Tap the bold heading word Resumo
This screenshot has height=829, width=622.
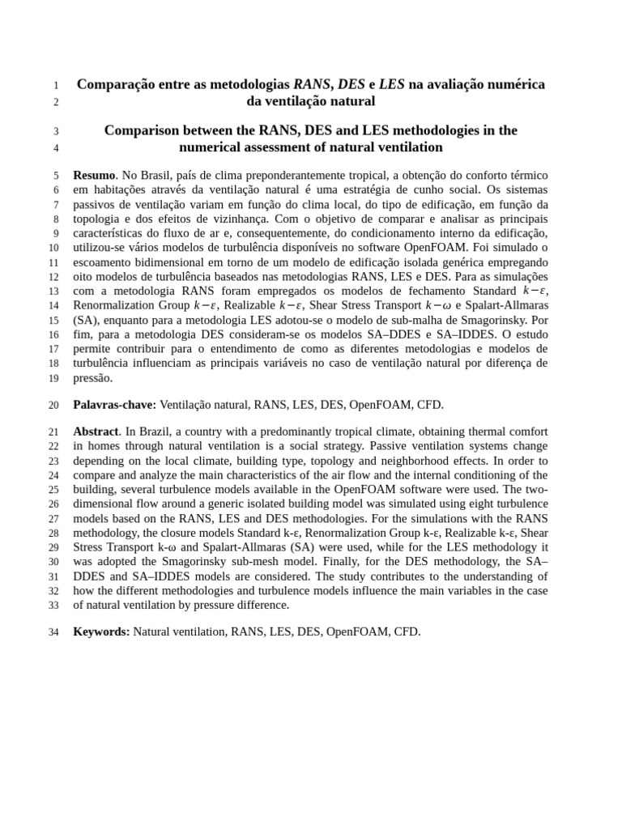pos(94,175)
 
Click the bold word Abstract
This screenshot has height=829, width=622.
pos(96,432)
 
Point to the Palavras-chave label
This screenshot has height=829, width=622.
pos(114,405)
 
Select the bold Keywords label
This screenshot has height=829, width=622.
pos(101,631)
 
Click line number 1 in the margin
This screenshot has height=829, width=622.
pos(54,85)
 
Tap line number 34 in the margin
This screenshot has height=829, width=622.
pos(54,632)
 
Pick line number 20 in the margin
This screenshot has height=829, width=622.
pos(54,406)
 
